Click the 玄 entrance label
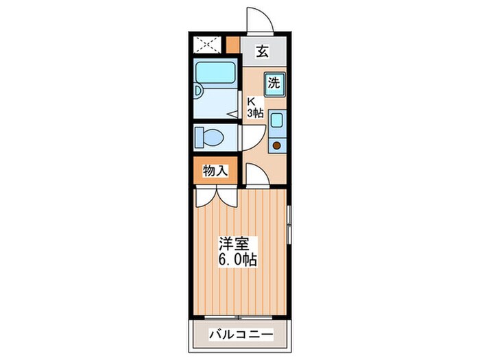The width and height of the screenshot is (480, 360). pos(262,50)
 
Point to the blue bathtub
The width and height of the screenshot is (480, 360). pos(215,73)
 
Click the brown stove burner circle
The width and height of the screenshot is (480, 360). pos(277,145)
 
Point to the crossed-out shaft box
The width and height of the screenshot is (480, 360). pos(206,45)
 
